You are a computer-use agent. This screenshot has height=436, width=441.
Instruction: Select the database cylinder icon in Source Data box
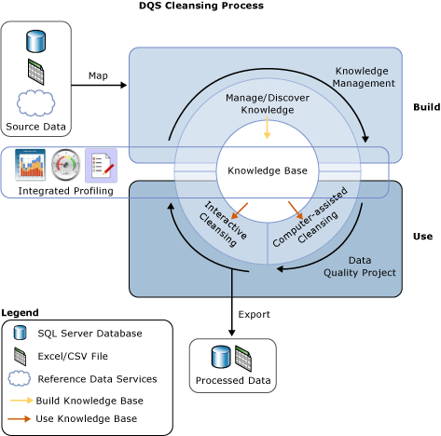36,41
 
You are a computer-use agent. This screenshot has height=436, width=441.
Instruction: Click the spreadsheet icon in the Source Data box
36,72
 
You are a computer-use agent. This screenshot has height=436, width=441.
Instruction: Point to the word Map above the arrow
98,75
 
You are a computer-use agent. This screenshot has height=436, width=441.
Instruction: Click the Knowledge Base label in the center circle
268,170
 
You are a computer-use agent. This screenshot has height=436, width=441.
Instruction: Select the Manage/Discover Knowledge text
267,103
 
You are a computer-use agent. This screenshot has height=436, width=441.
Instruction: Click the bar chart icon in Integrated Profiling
31,165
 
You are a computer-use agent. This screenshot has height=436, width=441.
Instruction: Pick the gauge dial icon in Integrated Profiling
66,165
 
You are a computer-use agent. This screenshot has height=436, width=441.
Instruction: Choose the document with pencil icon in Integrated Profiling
101,165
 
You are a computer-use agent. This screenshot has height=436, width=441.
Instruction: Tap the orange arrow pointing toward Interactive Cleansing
241,208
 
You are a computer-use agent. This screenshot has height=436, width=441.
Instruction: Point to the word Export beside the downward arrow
254,314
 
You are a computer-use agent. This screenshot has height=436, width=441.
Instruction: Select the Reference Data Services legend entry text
97,379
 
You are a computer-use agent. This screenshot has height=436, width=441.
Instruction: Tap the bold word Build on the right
426,107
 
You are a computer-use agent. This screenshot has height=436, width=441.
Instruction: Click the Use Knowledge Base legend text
87,418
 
